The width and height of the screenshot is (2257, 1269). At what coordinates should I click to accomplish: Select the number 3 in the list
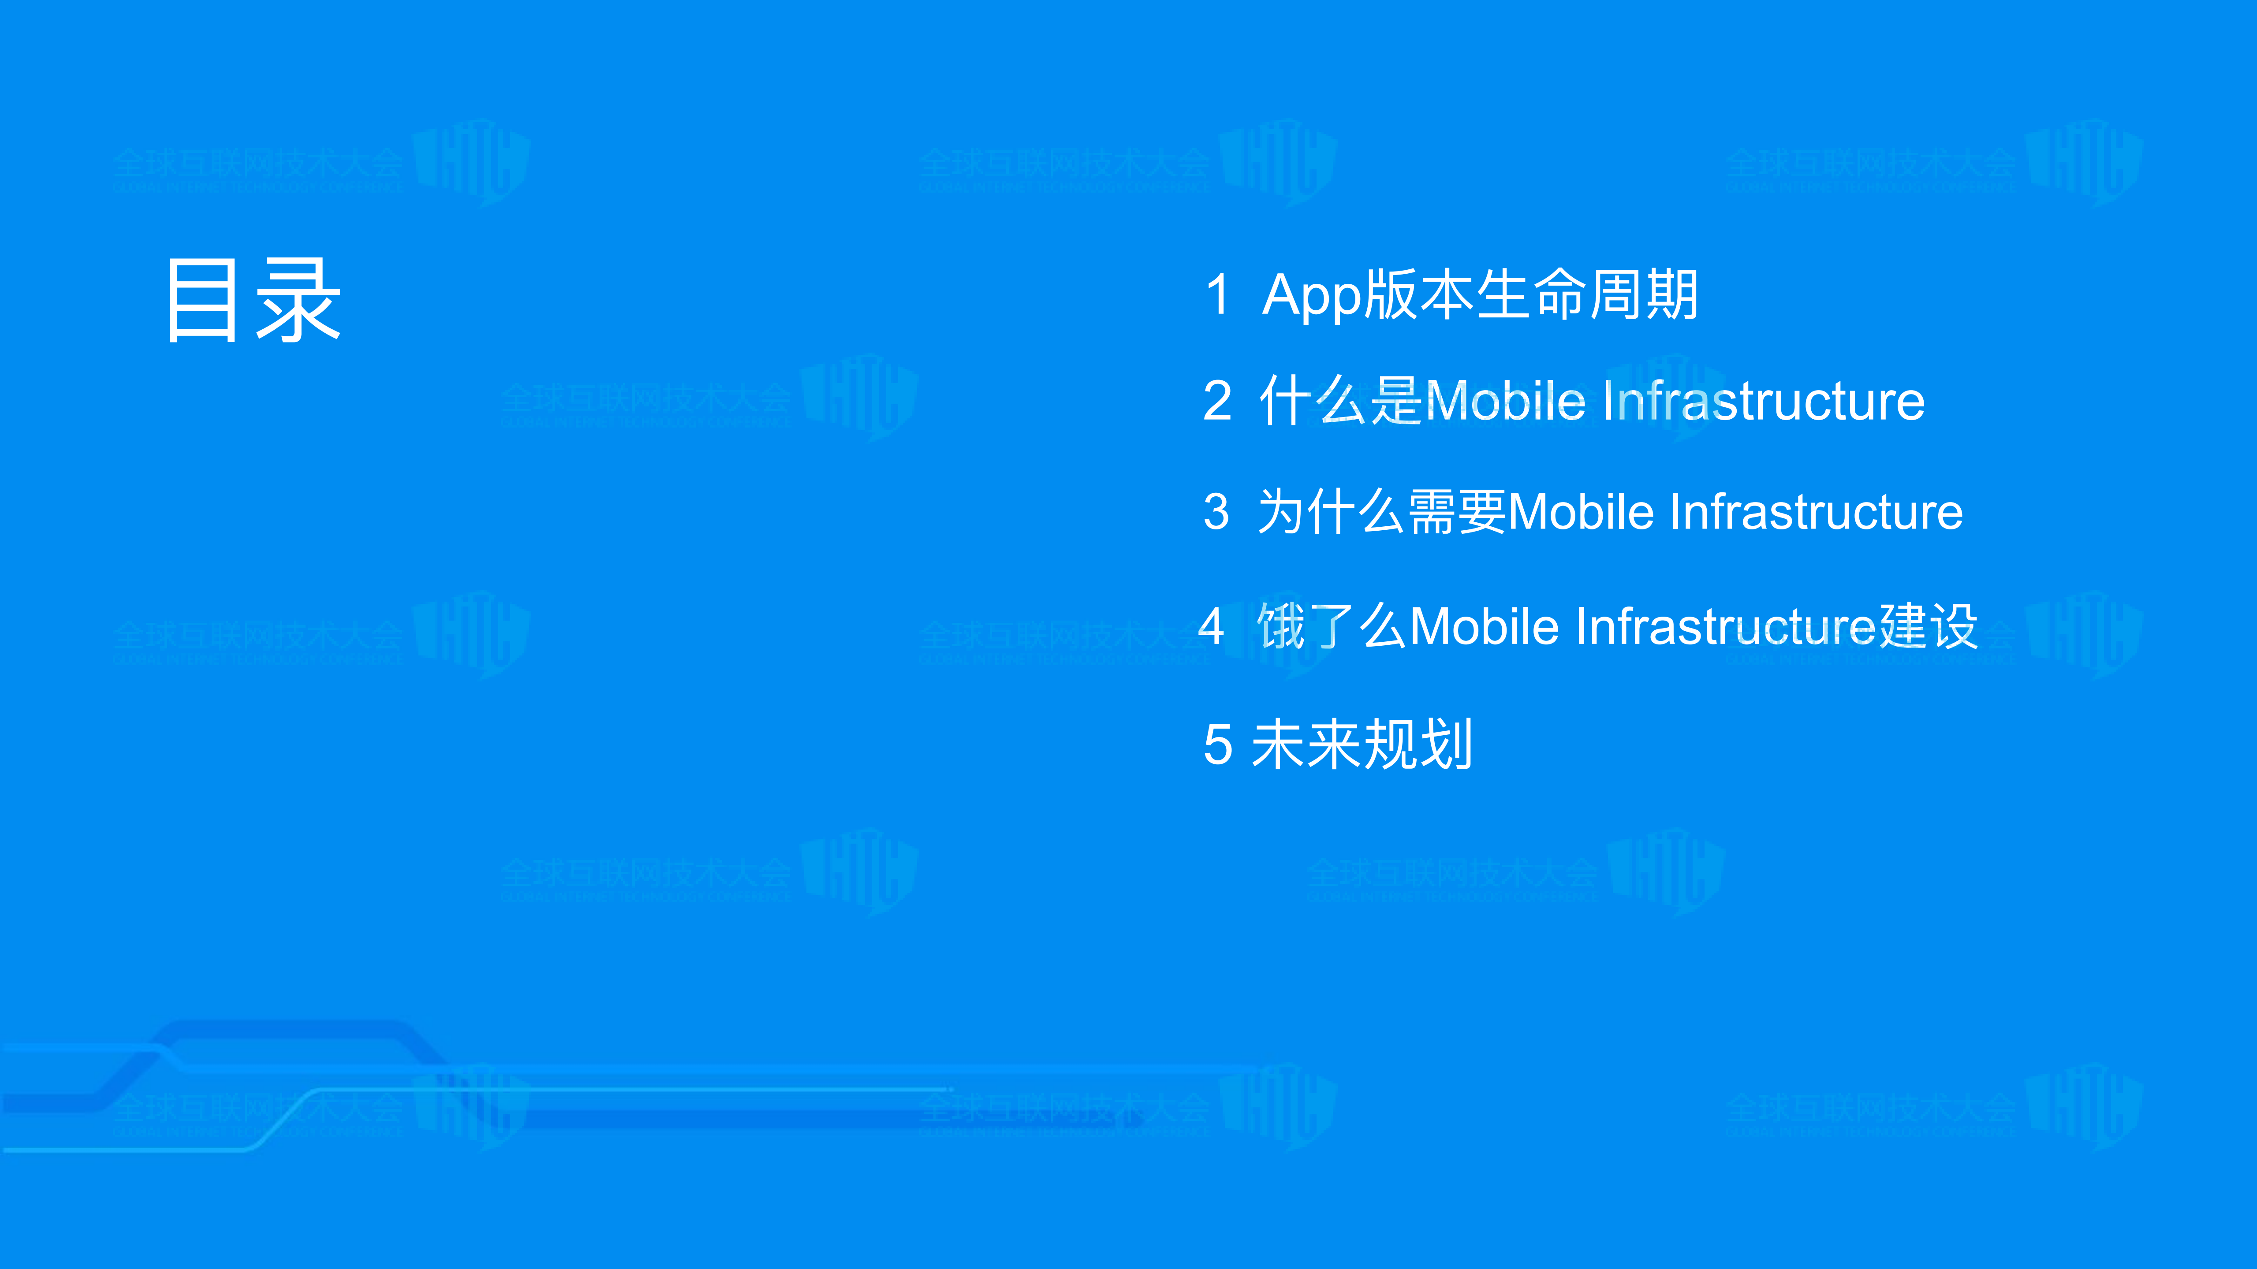coord(1216,511)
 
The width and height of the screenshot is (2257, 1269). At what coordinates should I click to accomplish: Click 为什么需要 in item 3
coord(1382,511)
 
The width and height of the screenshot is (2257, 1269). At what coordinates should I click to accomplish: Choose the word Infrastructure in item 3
coord(1816,511)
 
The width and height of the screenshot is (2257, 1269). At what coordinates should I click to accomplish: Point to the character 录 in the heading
coord(298,301)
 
